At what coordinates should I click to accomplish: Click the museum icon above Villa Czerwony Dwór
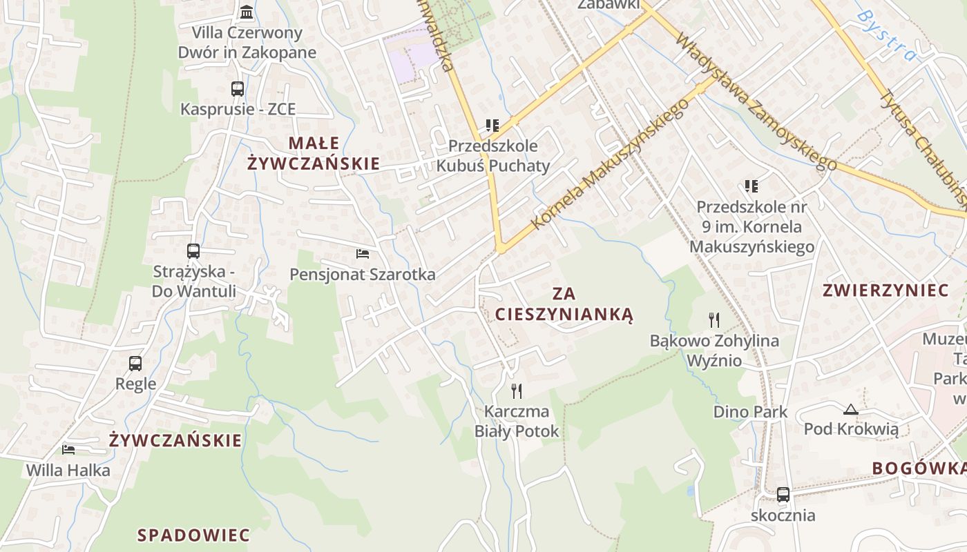pos(246,12)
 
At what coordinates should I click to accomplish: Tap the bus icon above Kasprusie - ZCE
pos(238,89)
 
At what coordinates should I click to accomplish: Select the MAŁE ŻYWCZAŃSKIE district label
pos(314,153)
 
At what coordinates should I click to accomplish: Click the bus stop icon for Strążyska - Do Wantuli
pos(193,251)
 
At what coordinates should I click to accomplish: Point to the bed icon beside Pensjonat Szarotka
pos(363,254)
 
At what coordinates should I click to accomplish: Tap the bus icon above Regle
pos(135,363)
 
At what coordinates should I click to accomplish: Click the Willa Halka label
pos(68,471)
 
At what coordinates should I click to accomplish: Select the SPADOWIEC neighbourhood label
pos(193,535)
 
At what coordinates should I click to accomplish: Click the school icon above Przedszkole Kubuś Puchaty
pos(492,126)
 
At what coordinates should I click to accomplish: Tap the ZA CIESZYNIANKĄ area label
pos(564,304)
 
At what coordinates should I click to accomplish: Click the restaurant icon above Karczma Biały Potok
pos(517,391)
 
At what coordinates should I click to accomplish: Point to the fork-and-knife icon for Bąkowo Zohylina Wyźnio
pos(714,319)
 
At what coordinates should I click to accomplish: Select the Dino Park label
pos(750,412)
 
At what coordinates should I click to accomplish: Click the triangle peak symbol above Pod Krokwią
pos(851,408)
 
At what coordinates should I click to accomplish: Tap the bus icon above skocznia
pos(783,495)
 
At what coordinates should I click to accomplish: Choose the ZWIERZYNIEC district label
pos(885,290)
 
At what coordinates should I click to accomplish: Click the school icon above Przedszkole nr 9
pos(751,186)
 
